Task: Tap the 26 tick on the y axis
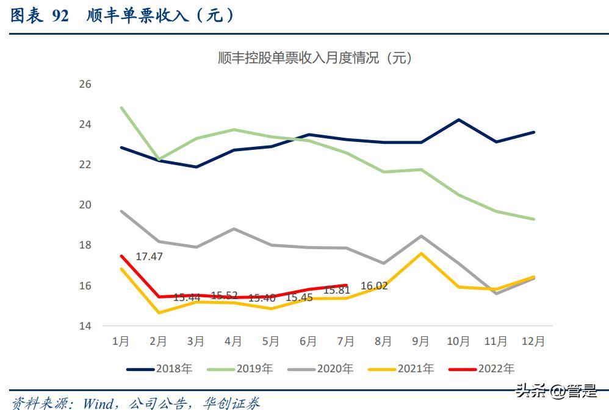[x=85, y=84]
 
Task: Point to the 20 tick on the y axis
[x=85, y=205]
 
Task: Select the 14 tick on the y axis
[x=85, y=326]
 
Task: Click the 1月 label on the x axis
[x=121, y=342]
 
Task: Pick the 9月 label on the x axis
[x=420, y=342]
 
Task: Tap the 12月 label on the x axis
[x=533, y=342]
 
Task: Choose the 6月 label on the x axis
[x=308, y=342]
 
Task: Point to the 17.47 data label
[x=149, y=256]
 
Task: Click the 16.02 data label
[x=374, y=285]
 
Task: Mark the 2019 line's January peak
[x=122, y=108]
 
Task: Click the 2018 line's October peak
[x=458, y=119]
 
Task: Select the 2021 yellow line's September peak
[x=420, y=253]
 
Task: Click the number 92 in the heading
[x=60, y=16]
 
